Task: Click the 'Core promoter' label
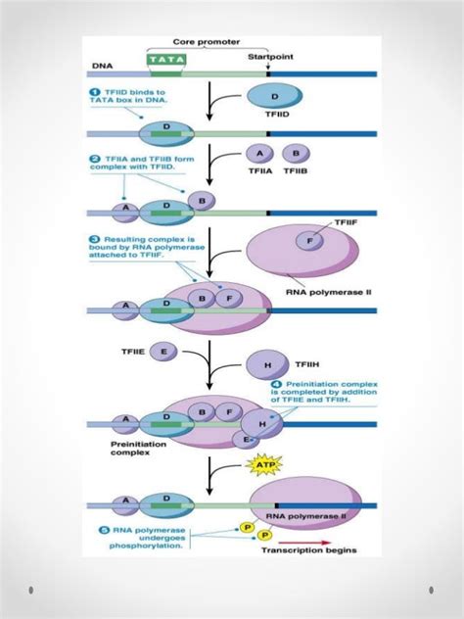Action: (206, 42)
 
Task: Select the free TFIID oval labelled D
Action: (275, 96)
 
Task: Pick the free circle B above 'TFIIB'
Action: (296, 153)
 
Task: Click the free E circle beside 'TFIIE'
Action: (163, 350)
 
